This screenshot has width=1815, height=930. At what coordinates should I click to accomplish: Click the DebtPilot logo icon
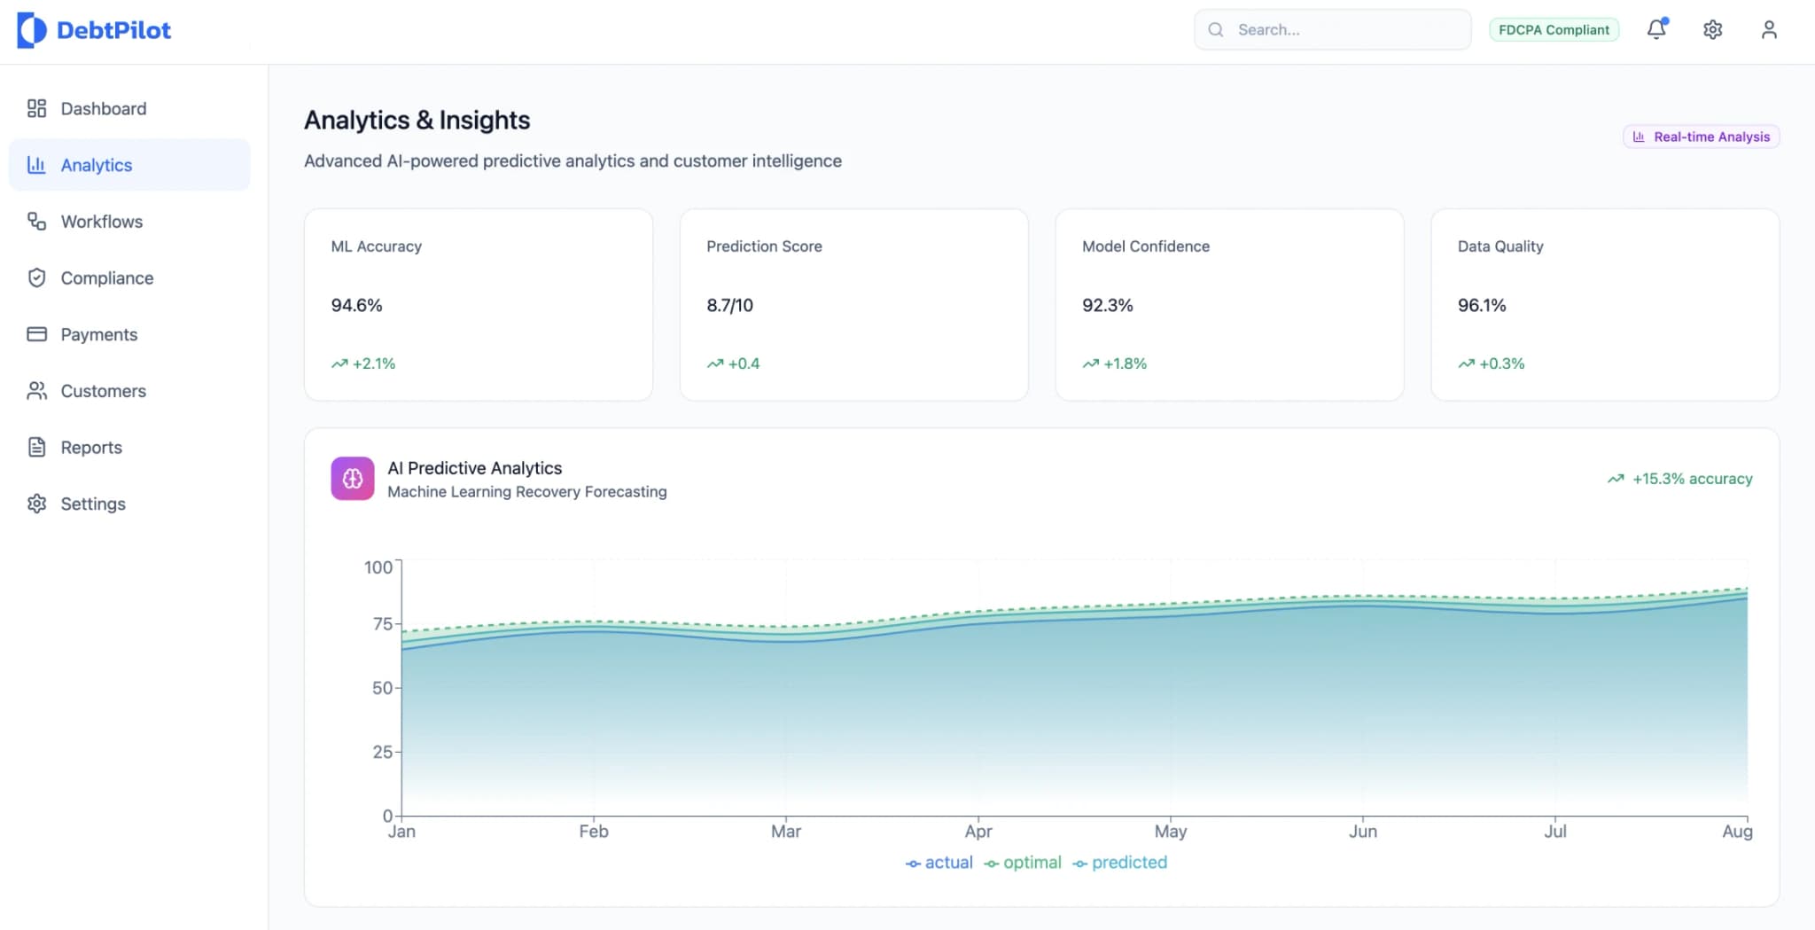(x=31, y=30)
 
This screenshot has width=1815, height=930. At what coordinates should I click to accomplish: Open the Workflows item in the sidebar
(x=101, y=222)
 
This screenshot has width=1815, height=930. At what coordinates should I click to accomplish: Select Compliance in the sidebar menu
(x=106, y=278)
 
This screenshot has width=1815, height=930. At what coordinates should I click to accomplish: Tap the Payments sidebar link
(x=98, y=334)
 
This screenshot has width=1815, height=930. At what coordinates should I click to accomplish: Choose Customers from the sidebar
(x=103, y=391)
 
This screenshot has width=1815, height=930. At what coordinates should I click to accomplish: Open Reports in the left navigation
(x=90, y=448)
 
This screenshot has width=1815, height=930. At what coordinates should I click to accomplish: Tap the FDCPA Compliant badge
(x=1554, y=30)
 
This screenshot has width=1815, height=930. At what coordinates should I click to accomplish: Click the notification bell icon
(x=1656, y=29)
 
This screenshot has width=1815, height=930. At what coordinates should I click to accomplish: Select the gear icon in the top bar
(x=1712, y=30)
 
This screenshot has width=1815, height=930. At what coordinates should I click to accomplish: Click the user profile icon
(x=1769, y=30)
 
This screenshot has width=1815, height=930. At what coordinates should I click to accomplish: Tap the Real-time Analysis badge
(x=1702, y=137)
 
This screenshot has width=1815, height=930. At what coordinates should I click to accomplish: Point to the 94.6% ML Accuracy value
(x=356, y=305)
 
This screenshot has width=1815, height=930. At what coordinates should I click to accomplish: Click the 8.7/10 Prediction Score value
(x=729, y=305)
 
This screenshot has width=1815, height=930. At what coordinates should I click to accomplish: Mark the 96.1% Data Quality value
(x=1482, y=305)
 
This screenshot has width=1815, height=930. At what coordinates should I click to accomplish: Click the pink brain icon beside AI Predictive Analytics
(x=353, y=479)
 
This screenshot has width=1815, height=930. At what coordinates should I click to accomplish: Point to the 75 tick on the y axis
(x=382, y=624)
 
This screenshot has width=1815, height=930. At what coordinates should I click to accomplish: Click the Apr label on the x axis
(x=978, y=832)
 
